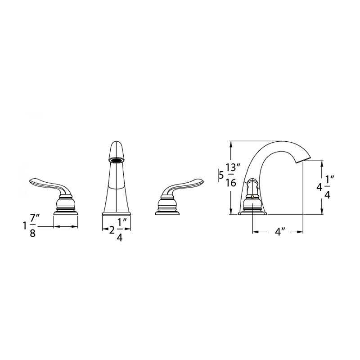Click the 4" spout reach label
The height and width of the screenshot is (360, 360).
click(x=280, y=232)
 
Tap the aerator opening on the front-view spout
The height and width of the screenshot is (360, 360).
click(x=117, y=159)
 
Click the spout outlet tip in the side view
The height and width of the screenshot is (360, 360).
click(x=306, y=158)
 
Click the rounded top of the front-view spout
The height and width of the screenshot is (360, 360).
click(x=117, y=147)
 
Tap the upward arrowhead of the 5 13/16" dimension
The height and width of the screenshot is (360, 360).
click(x=231, y=144)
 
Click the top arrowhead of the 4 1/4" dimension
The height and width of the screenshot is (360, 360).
click(x=321, y=165)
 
